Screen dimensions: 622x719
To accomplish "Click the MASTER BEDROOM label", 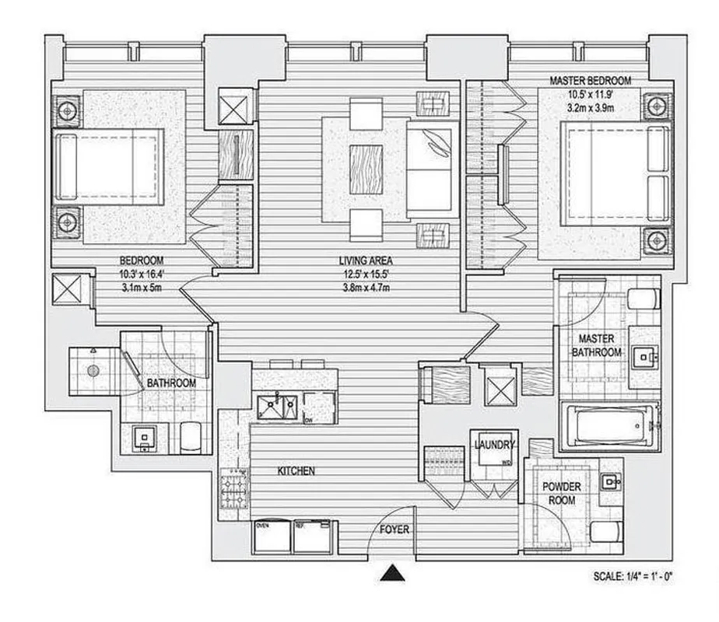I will coord(590,80).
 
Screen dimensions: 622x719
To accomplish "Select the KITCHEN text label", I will coord(296,471).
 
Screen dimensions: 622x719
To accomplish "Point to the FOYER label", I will coord(395,530).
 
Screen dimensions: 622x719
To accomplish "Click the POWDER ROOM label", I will coord(562,493).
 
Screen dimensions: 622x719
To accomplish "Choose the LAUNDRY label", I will coord(494,446).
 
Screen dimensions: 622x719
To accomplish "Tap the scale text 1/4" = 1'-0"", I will coord(632,577).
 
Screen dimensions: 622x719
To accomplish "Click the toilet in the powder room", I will coord(605,531).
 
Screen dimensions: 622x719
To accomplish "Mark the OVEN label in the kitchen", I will coord(263,525).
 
